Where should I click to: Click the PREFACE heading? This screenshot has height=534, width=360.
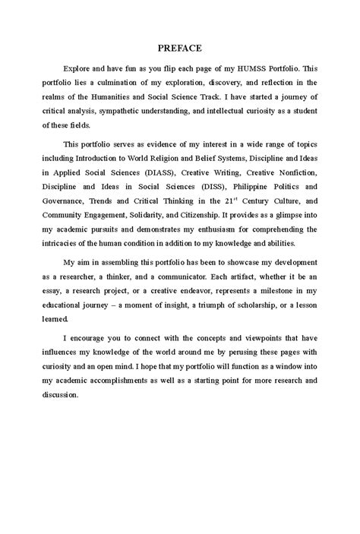pos(180,48)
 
